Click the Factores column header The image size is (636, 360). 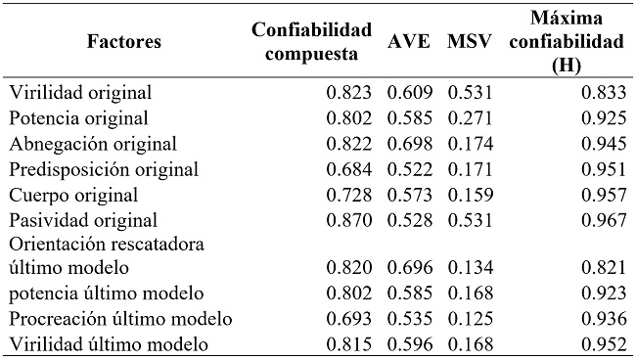click(123, 43)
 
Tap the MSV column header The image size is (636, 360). click(469, 43)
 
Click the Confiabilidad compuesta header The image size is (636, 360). click(311, 43)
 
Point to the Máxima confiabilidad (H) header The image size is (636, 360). click(566, 43)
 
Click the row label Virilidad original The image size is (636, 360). click(80, 94)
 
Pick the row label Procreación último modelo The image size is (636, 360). click(120, 319)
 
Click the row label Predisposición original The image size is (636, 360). click(104, 170)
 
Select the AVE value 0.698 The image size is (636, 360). click(409, 145)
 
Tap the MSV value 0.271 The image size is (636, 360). click(470, 119)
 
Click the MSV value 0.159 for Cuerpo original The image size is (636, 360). click(470, 196)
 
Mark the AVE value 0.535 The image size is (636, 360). click(409, 319)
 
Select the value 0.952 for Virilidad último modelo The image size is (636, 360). click(600, 344)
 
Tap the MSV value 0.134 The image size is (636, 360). click(470, 268)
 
